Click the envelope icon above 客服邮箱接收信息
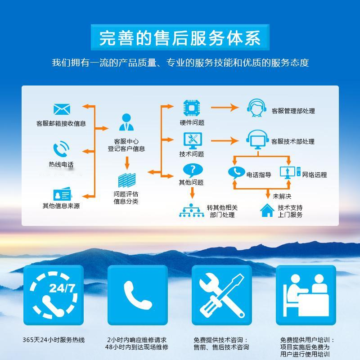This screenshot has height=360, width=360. (x=62, y=109)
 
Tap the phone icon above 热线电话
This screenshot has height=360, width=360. (x=61, y=149)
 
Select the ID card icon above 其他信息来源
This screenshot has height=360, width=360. (x=62, y=194)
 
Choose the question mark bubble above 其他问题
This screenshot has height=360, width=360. (x=193, y=169)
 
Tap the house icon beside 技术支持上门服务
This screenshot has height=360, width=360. (x=267, y=210)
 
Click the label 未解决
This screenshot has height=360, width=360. (x=282, y=196)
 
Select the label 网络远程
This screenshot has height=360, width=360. (x=315, y=175)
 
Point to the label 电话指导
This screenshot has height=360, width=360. (x=259, y=175)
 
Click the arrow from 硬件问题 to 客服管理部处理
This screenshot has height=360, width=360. (x=225, y=108)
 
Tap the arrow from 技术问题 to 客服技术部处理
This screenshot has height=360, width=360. (x=225, y=141)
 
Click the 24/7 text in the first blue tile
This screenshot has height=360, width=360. (x=62, y=288)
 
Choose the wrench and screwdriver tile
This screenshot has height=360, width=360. (x=221, y=295)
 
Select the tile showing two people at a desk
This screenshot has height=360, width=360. (x=306, y=295)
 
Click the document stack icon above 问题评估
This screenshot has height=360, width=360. (x=126, y=180)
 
